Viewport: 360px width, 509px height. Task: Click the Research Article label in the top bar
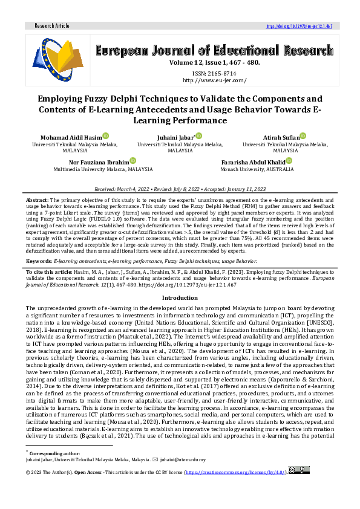(52, 26)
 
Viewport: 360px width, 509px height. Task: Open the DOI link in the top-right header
(299, 26)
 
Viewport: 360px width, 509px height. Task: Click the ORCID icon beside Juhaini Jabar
(198, 137)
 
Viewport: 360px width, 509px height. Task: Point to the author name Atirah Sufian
(281, 138)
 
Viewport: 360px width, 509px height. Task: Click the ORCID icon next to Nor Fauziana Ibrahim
(133, 161)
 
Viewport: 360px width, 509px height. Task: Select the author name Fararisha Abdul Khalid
(253, 162)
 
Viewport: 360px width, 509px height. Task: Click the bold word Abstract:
(37, 199)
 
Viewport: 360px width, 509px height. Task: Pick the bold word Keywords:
(39, 261)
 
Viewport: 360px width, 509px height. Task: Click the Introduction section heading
(180, 298)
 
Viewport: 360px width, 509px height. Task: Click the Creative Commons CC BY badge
(299, 470)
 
